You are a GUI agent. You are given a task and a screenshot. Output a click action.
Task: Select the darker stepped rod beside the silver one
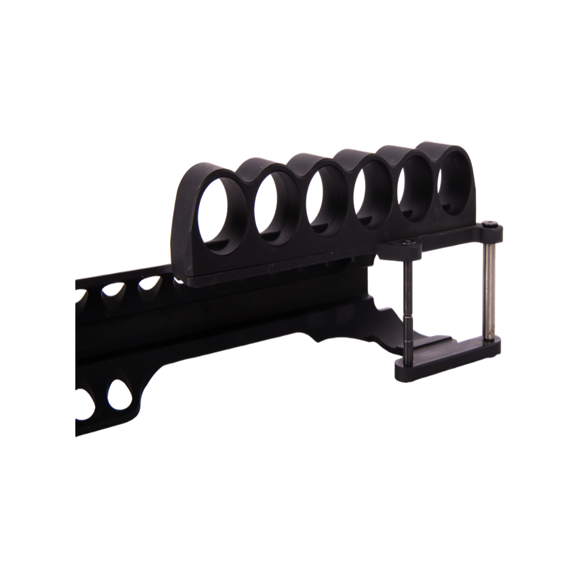tap(409, 301)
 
